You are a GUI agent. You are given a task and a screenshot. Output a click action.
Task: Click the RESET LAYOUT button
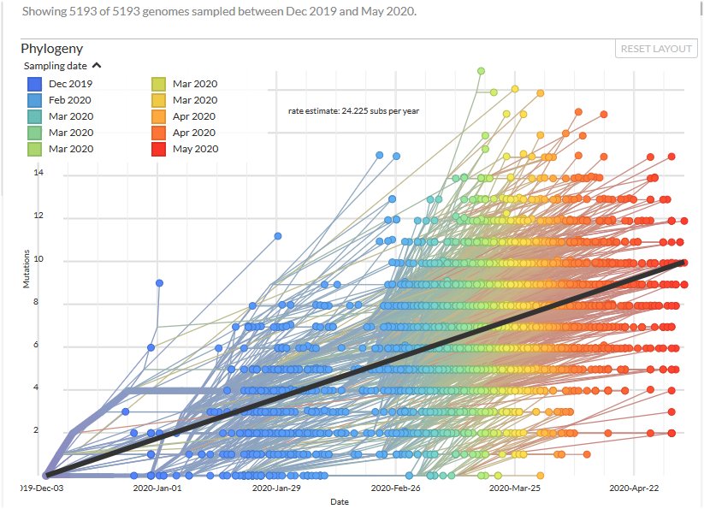[656, 49]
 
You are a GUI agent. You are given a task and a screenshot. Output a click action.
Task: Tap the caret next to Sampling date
[97, 65]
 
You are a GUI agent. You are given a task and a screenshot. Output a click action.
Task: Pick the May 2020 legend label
[195, 149]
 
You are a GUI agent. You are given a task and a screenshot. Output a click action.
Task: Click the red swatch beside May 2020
[158, 149]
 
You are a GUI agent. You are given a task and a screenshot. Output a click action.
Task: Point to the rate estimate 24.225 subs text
[353, 110]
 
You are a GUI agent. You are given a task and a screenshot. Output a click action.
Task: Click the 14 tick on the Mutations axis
[37, 174]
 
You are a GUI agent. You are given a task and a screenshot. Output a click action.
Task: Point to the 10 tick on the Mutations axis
[37, 260]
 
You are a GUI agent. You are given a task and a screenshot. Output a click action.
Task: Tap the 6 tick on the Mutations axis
[37, 346]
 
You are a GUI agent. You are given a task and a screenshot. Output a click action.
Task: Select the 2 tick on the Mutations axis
[37, 431]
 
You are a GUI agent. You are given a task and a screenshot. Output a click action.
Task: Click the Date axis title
[340, 502]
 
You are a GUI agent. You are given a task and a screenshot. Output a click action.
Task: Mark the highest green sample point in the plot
[481, 70]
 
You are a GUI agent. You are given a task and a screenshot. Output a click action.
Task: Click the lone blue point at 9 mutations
[159, 282]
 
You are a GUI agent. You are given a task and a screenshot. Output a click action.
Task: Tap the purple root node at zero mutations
[45, 475]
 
